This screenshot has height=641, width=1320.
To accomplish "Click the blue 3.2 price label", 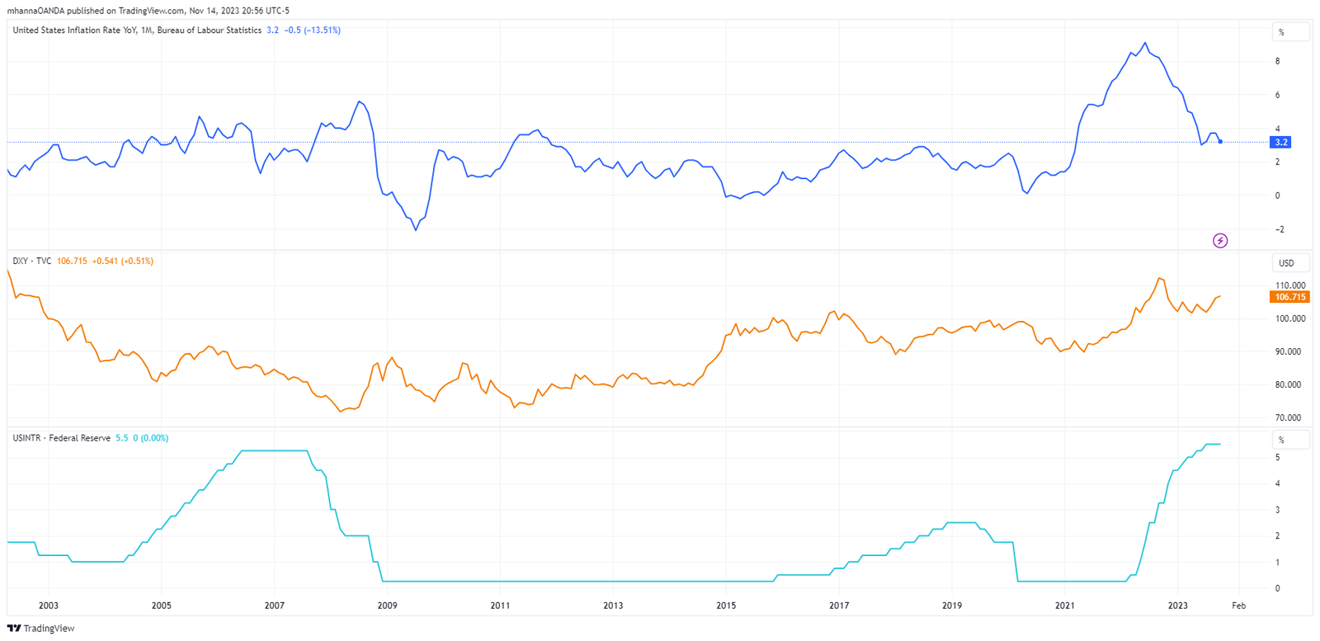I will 1280,142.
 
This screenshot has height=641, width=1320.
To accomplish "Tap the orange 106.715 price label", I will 1289,297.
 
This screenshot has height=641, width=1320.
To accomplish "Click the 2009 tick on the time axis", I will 387,606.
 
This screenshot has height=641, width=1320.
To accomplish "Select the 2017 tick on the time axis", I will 839,606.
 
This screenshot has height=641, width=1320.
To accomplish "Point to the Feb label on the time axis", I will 1238,606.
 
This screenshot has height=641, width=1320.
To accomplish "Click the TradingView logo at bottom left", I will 40,629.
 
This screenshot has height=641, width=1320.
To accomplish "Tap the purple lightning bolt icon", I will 1220,241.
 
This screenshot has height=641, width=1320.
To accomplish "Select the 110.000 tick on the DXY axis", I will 1290,285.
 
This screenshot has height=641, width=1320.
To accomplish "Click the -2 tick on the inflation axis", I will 1279,229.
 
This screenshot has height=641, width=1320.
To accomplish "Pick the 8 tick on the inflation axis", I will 1278,61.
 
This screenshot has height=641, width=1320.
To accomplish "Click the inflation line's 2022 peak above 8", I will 1144,43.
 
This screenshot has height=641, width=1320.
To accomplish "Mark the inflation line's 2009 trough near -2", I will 416,230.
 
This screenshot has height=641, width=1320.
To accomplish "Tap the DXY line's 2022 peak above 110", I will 1160,278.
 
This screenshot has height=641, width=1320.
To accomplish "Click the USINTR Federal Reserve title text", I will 61,438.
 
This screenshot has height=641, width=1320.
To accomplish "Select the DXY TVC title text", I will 31,261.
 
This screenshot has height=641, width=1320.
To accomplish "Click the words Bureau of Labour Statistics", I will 209,30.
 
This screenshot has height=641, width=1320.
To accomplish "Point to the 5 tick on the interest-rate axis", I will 1278,457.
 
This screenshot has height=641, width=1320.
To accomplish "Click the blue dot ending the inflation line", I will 1220,142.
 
